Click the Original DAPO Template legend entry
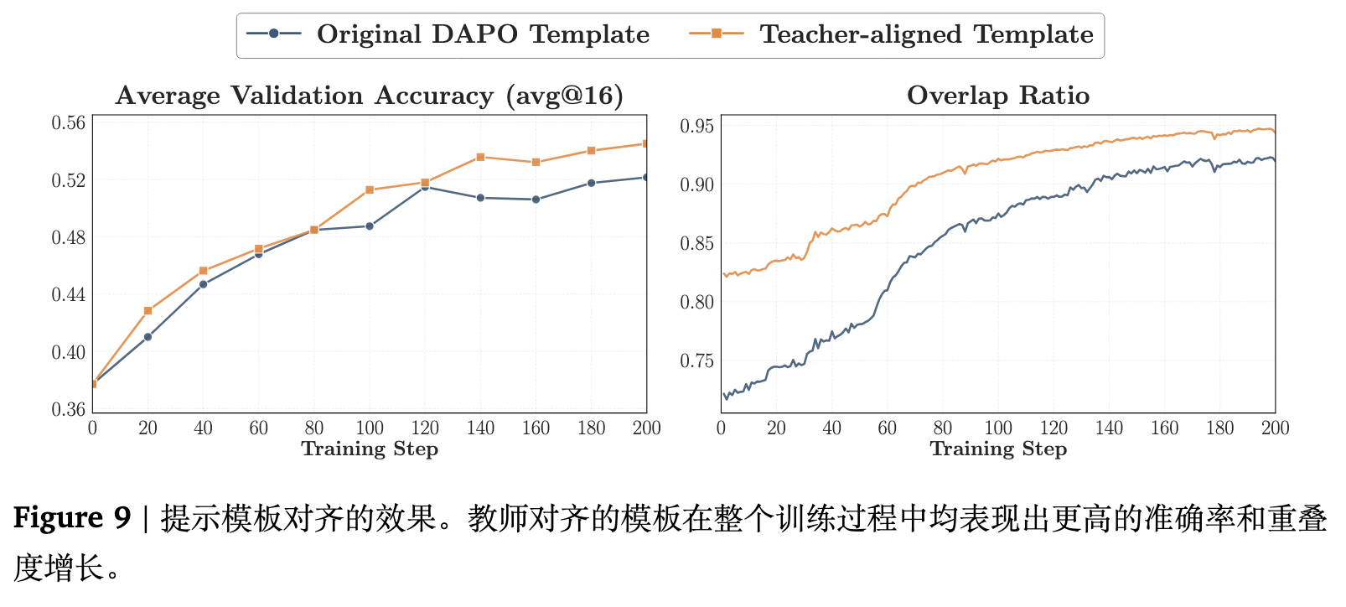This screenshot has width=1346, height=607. pyautogui.click(x=448, y=35)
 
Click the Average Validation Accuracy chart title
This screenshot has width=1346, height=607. pyautogui.click(x=370, y=96)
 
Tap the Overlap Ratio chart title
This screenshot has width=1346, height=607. pyautogui.click(x=997, y=96)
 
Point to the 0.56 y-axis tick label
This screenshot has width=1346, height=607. pyautogui.click(x=69, y=123)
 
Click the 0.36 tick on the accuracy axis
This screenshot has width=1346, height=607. pyautogui.click(x=69, y=410)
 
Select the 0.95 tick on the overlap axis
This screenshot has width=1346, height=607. pyautogui.click(x=696, y=127)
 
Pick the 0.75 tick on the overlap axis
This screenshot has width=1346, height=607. pyautogui.click(x=696, y=361)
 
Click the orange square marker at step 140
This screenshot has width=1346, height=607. pyautogui.click(x=480, y=158)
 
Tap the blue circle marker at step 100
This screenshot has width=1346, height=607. pyautogui.click(x=370, y=226)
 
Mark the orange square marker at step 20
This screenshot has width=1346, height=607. pyautogui.click(x=148, y=311)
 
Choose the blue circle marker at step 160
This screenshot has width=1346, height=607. pyautogui.click(x=536, y=200)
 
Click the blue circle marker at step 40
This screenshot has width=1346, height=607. pyautogui.click(x=204, y=284)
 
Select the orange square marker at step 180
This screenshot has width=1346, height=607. pyautogui.click(x=591, y=151)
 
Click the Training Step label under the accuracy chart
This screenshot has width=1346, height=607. pyautogui.click(x=370, y=449)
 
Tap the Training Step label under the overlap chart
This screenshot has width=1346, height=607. pyautogui.click(x=998, y=449)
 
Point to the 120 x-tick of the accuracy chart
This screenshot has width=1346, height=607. pyautogui.click(x=425, y=428)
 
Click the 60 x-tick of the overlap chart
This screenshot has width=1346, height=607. pyautogui.click(x=887, y=428)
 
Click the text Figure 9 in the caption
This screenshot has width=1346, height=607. pyautogui.click(x=72, y=518)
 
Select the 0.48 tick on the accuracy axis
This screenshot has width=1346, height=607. pyautogui.click(x=69, y=238)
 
